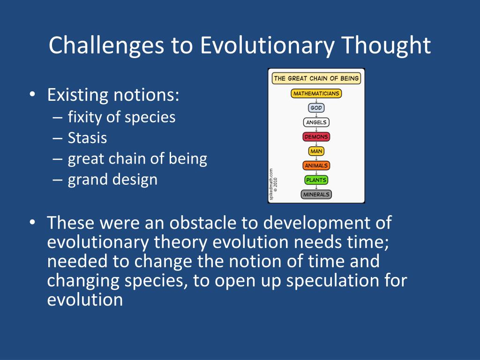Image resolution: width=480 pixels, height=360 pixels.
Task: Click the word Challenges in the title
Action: [106, 45]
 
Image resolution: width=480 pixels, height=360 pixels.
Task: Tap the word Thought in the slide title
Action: [386, 45]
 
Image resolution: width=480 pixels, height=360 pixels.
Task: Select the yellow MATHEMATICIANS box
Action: [316, 93]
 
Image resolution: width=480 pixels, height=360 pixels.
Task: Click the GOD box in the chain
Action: [316, 108]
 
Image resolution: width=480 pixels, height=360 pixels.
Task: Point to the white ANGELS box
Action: [316, 122]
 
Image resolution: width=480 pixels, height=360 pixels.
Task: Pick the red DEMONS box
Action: [316, 136]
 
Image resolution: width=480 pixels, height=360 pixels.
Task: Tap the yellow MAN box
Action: [316, 151]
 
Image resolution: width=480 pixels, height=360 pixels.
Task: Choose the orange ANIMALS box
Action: [316, 165]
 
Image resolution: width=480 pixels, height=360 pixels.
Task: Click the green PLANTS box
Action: [316, 180]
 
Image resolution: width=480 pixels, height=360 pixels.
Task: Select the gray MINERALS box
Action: [316, 195]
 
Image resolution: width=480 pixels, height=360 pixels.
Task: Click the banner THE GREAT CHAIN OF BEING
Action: [316, 78]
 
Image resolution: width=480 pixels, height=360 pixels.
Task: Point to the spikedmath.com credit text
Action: [271, 184]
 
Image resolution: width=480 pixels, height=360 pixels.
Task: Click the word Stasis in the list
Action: [87, 138]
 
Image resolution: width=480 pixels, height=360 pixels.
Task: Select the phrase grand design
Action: [112, 180]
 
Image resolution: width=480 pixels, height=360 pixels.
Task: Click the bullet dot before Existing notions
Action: [32, 94]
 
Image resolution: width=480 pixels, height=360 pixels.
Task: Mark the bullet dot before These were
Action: [32, 222]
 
